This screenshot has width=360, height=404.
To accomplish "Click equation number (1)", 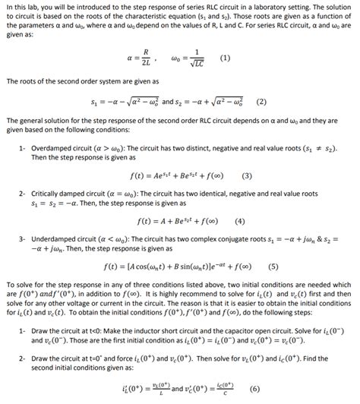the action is pyautogui.click(x=225, y=58).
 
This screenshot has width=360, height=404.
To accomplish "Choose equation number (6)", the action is pyautogui.click(x=254, y=387).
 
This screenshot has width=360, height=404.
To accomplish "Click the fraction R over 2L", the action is pyautogui.click(x=135, y=58).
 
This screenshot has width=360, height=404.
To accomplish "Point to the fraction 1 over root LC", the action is pyautogui.click(x=197, y=58).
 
